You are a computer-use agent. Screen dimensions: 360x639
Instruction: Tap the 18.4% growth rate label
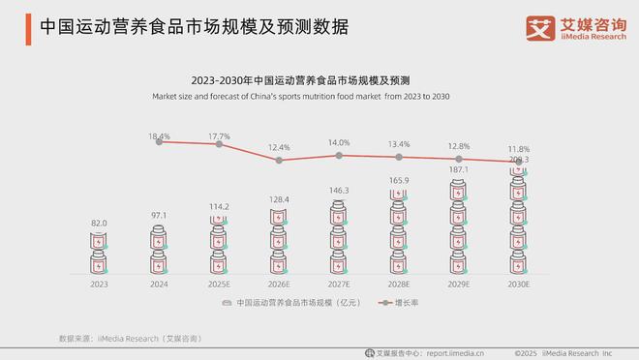point(160,136)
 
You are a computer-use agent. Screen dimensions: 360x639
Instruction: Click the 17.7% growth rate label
point(219,136)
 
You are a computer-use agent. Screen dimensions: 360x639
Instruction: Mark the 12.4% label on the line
point(279,148)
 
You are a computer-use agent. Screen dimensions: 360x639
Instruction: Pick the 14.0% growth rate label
point(338,143)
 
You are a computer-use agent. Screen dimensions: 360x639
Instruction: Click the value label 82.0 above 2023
point(100,223)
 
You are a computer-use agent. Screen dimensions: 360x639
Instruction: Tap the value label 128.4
point(279,198)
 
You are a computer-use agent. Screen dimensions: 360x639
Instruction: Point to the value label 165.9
point(398,180)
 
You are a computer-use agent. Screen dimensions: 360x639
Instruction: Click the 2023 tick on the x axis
point(100,285)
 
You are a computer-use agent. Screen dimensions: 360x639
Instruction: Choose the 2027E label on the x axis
point(338,285)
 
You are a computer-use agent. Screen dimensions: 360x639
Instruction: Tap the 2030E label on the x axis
point(518,285)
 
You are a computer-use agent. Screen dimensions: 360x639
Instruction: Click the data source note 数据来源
point(130,338)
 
